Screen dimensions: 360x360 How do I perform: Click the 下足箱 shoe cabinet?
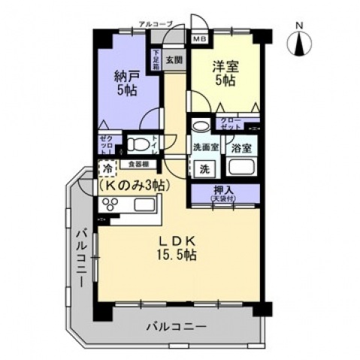[156, 59]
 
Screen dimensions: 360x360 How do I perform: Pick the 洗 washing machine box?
[204, 168]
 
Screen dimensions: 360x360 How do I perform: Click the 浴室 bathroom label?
[241, 149]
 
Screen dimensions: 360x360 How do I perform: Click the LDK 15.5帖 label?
[179, 248]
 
